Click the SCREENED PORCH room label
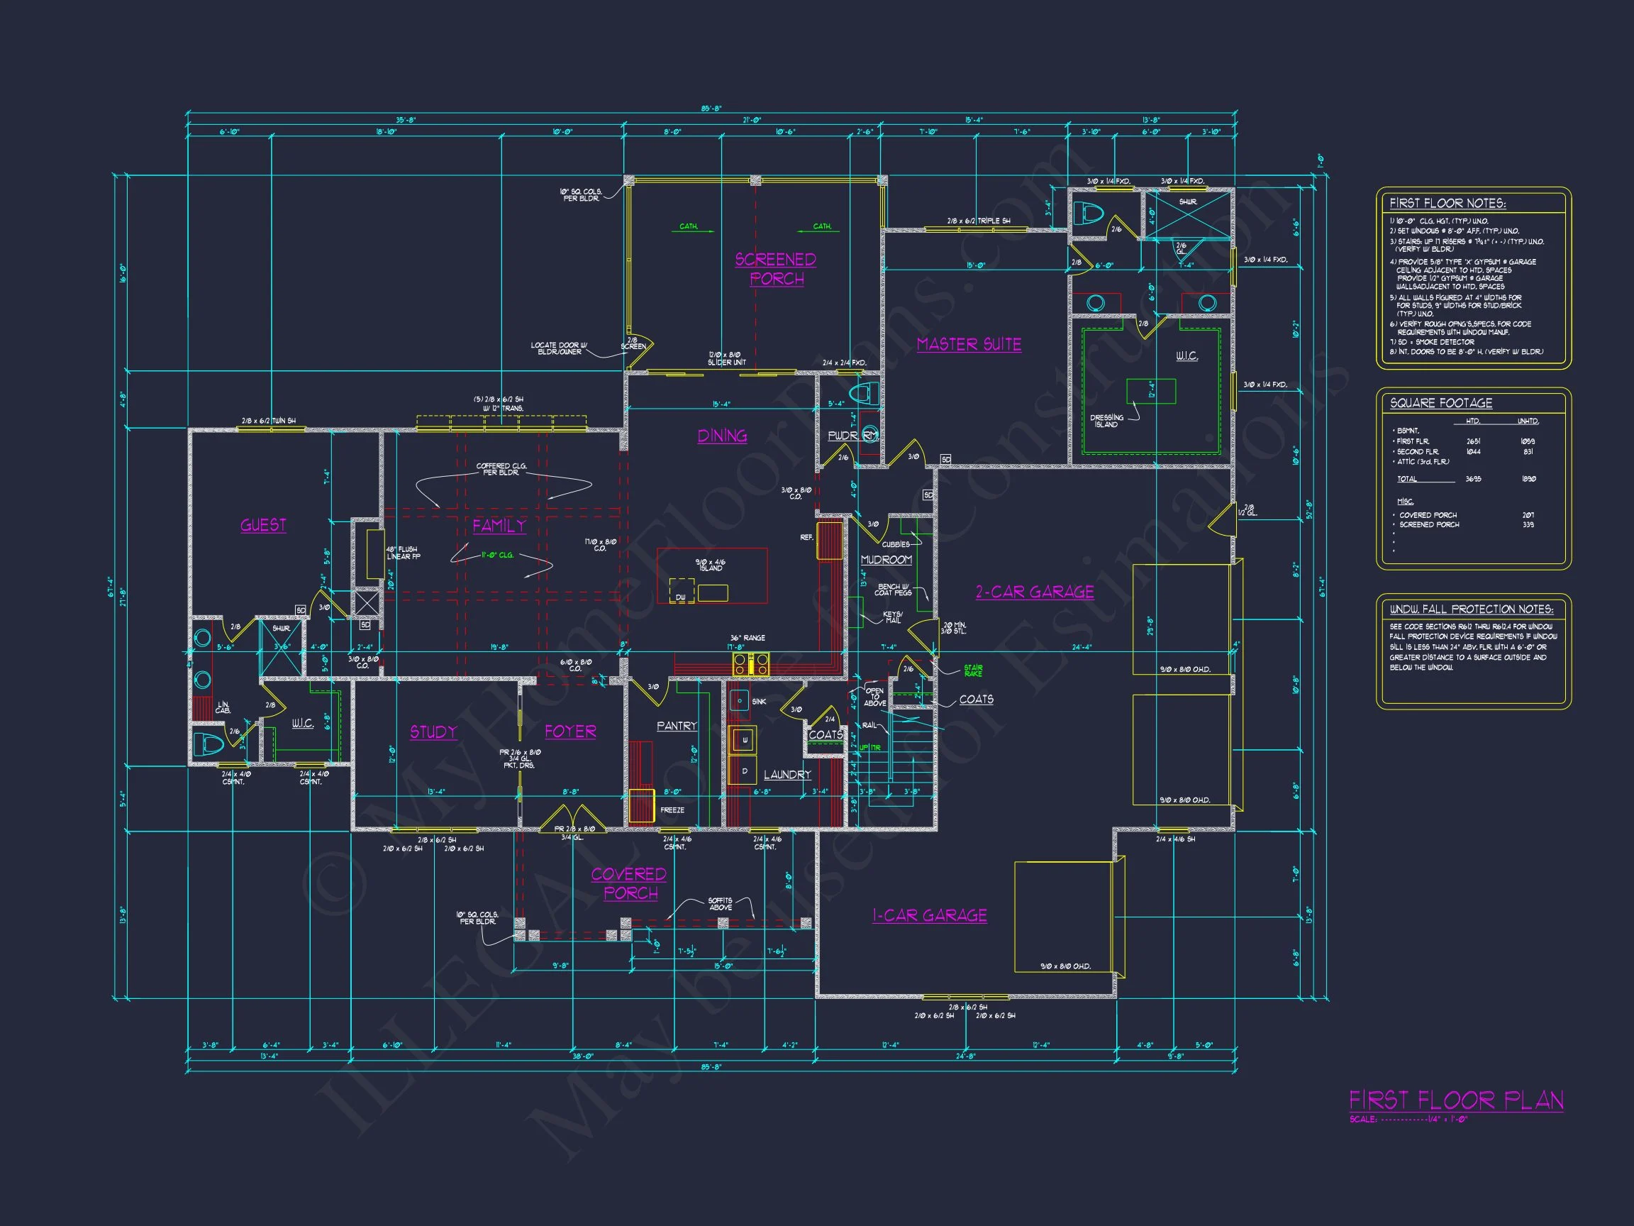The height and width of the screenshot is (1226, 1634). pos(776,269)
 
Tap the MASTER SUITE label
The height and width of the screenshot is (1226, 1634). pos(969,344)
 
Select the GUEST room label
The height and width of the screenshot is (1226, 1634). pos(263,526)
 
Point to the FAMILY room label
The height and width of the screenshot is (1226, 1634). pos(499,526)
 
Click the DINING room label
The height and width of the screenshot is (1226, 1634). pos(722,436)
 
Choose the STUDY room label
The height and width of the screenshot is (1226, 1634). pos(433,731)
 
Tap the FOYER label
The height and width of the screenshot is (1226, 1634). pos(570,731)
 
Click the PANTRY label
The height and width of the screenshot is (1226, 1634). pos(677,726)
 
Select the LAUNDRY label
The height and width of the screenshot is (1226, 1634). pos(787,775)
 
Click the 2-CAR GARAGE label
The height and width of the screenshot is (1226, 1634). pos(1034,592)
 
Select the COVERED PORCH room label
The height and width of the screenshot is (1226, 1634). pos(628,884)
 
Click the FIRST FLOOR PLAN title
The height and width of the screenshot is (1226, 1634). pos(1456,1101)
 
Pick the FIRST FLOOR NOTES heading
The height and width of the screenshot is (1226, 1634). pos(1447,203)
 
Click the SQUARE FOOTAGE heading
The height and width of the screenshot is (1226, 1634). pos(1440,403)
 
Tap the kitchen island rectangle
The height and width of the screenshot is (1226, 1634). pos(712,575)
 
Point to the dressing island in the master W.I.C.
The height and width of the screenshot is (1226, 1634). pos(1151,391)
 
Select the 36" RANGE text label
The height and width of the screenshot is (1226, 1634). pos(747,638)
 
